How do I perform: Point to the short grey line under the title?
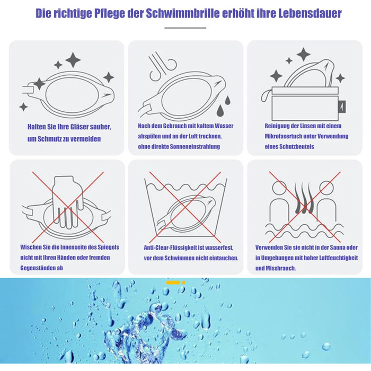[x=185, y=28]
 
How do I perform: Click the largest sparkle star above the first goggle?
[x=73, y=60]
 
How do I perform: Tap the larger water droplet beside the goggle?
[x=220, y=110]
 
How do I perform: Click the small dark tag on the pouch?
[x=343, y=107]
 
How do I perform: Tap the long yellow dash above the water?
[x=173, y=282]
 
